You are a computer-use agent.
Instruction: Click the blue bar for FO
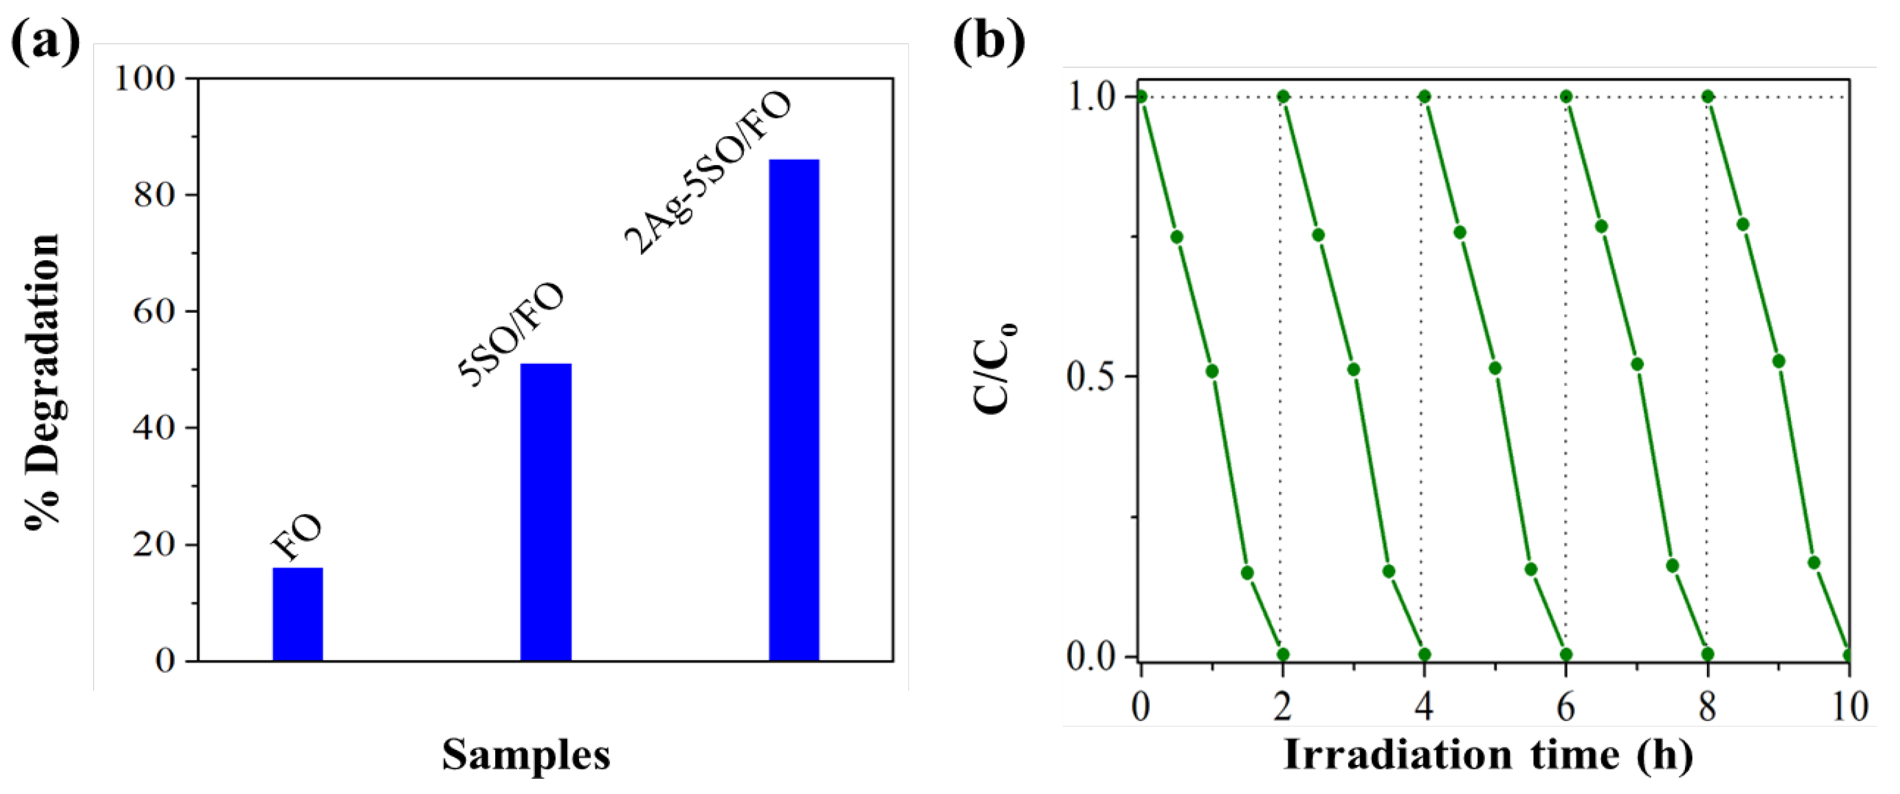click(x=297, y=614)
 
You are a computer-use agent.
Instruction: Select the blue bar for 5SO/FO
click(x=546, y=511)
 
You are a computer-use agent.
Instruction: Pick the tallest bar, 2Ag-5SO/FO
click(x=794, y=410)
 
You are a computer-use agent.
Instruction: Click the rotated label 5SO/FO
click(x=511, y=334)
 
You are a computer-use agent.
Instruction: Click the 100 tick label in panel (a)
click(x=144, y=79)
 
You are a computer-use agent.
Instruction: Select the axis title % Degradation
click(x=43, y=382)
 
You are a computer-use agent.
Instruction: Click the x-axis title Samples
click(x=526, y=755)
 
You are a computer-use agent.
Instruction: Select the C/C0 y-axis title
click(x=994, y=368)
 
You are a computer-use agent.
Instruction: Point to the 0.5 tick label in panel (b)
click(x=1089, y=377)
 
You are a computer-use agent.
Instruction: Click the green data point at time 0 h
click(x=1141, y=96)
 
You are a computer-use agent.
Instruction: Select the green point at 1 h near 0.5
click(x=1212, y=371)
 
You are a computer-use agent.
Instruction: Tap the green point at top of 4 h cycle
click(x=1424, y=96)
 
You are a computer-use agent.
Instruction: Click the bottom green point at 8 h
click(x=1708, y=654)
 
